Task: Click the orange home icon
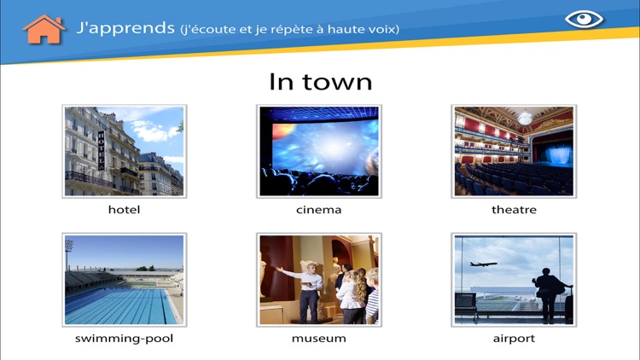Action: pyautogui.click(x=44, y=29)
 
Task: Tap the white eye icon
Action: pyautogui.click(x=584, y=19)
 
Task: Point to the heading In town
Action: pyautogui.click(x=320, y=81)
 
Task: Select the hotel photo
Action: pyautogui.click(x=124, y=151)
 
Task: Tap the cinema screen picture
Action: pyautogui.click(x=319, y=151)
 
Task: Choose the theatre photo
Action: pyautogui.click(x=514, y=151)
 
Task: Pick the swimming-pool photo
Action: pyautogui.click(x=124, y=279)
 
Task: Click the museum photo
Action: pyautogui.click(x=319, y=279)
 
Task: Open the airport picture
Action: pyautogui.click(x=514, y=279)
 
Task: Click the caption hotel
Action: pyautogui.click(x=124, y=210)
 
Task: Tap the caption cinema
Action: pyautogui.click(x=319, y=210)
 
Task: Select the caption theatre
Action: pyautogui.click(x=514, y=210)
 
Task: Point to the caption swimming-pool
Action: pyautogui.click(x=124, y=339)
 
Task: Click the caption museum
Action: pyautogui.click(x=319, y=339)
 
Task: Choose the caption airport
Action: pyautogui.click(x=514, y=339)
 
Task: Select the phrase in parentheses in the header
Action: pyautogui.click(x=290, y=30)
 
